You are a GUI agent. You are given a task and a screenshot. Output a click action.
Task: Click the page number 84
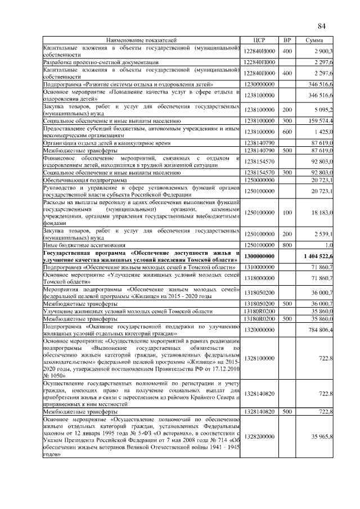click(x=322, y=26)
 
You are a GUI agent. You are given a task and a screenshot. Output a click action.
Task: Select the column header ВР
click(x=287, y=40)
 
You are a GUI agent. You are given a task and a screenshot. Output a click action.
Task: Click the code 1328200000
click(x=259, y=436)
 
